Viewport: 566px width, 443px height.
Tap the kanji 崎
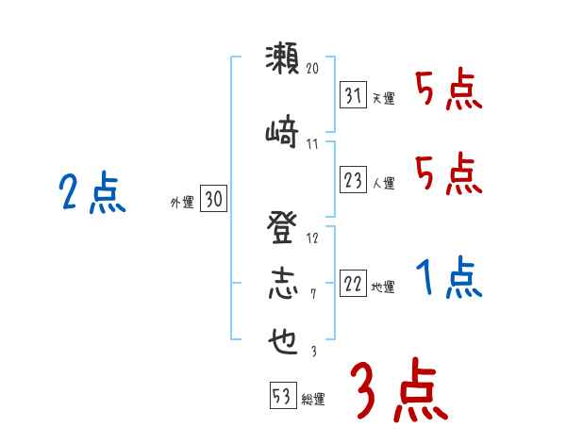pos(283,132)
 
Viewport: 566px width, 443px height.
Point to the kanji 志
pos(283,285)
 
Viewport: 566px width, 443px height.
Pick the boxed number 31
pos(353,95)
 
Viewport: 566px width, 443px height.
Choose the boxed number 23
pos(353,180)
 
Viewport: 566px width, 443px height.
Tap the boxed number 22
pos(353,284)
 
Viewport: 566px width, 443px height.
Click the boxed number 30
pos(212,199)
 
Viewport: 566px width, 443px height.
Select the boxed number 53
pos(282,397)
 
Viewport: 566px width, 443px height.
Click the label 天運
pos(383,98)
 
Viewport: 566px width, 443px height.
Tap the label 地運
pos(383,287)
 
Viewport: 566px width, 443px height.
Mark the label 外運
pos(182,202)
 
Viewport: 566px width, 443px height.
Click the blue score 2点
pos(92,195)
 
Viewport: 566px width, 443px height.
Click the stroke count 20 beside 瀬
pos(313,69)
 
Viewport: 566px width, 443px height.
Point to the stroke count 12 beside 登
pos(313,238)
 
